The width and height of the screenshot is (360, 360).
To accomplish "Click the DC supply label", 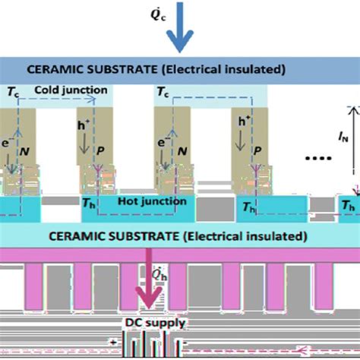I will pyautogui.click(x=156, y=321).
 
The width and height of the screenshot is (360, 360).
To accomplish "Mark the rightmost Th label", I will pyautogui.click(x=348, y=206).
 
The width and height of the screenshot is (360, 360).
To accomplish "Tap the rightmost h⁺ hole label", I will pyautogui.click(x=245, y=122).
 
